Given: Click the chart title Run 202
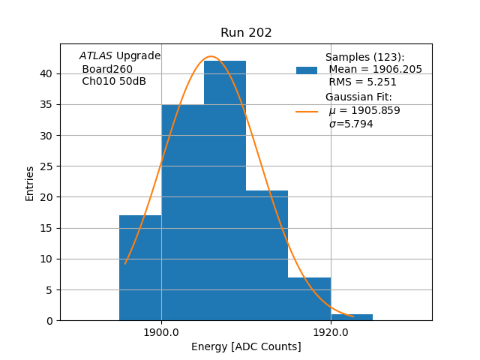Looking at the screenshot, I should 246,33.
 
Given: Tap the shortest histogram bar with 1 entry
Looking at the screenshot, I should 352,317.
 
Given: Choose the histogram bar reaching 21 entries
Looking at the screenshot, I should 267,256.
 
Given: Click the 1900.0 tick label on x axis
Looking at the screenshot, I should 161,332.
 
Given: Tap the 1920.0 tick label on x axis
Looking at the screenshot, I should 331,332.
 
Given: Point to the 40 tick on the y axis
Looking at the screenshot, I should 46,73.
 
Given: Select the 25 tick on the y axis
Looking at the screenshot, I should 46,166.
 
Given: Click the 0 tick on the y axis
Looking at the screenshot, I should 49,321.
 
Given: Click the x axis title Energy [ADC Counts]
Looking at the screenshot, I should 246,346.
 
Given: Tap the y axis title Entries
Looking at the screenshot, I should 30,183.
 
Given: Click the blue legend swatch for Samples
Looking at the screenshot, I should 307,70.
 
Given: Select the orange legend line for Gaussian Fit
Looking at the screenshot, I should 307,112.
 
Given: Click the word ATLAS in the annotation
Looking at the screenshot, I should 95,55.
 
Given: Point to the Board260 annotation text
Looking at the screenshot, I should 107,69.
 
